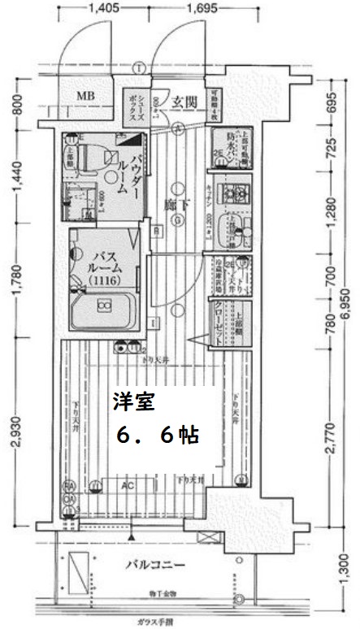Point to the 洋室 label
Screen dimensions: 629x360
[x=128, y=401]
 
